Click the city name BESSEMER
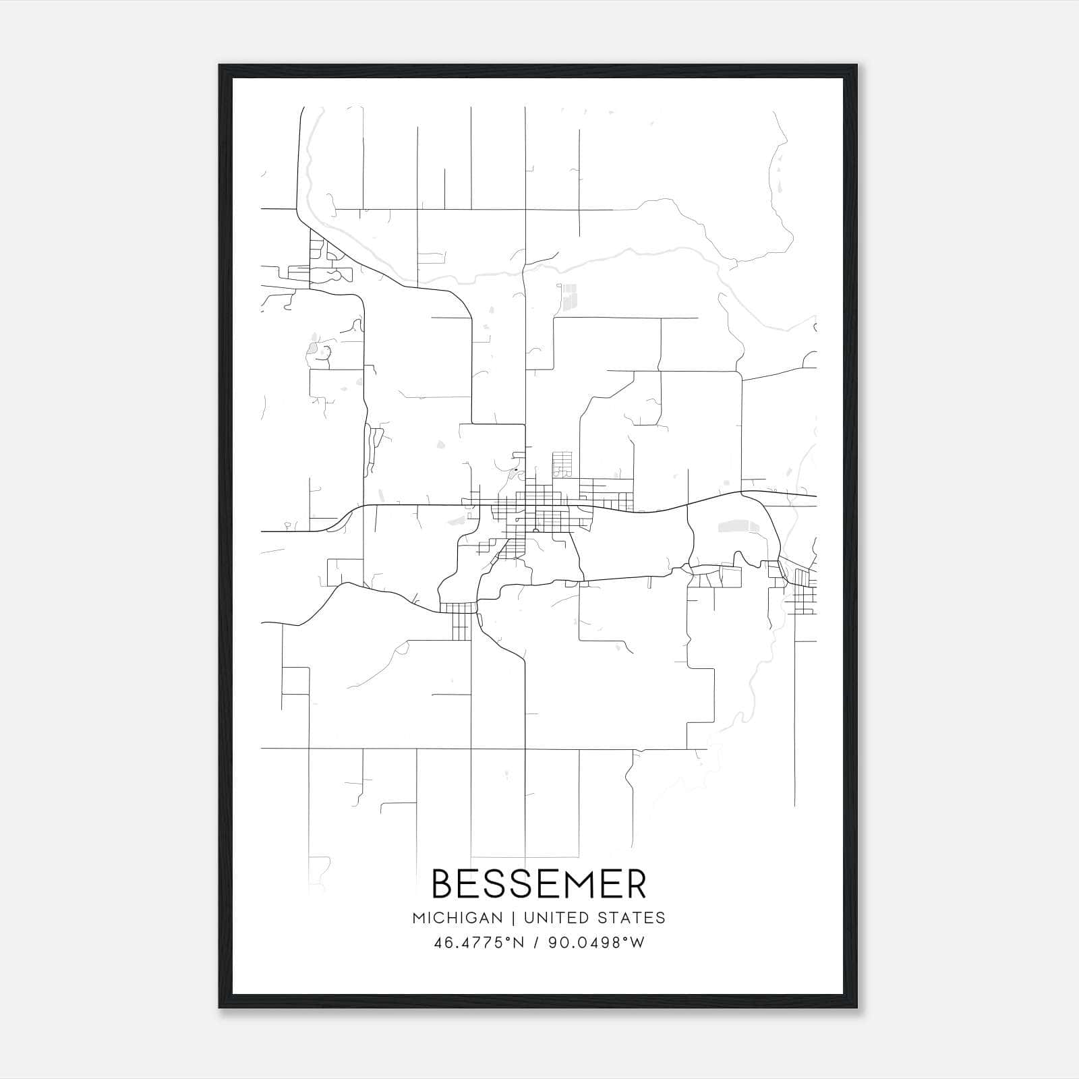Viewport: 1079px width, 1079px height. (x=539, y=883)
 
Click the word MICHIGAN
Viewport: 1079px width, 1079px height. (x=457, y=918)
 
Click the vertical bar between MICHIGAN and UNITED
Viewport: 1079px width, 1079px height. (x=513, y=918)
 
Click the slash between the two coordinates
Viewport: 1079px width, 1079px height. (x=536, y=943)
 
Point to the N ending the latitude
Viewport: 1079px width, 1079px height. (x=519, y=943)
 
